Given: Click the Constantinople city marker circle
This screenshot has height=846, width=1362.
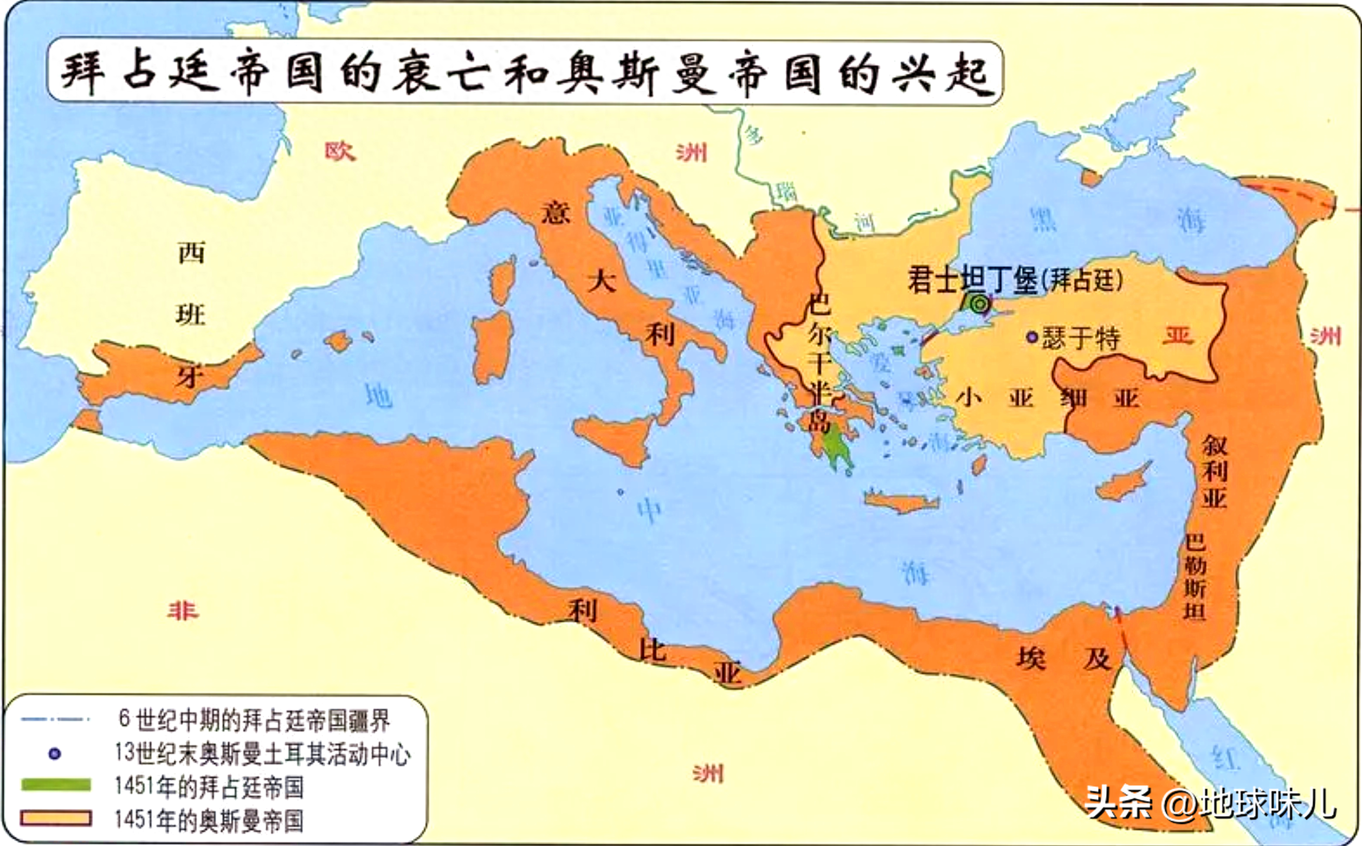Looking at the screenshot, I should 979,305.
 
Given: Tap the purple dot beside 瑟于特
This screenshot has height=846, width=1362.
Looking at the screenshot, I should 1032,338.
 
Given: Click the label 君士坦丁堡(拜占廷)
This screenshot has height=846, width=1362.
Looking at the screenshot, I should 1015,280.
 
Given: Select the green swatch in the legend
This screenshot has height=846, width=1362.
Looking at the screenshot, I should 56,785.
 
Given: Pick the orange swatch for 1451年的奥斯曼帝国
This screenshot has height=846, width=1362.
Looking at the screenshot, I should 56,818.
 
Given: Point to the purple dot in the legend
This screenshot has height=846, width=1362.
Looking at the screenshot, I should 54,754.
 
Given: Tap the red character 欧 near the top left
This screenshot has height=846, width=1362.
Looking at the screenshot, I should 340,151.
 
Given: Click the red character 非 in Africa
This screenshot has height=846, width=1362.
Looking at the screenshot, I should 183,611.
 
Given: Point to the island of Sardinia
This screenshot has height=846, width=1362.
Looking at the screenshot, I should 493,347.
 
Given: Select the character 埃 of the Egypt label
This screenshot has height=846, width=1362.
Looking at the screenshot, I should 1031,658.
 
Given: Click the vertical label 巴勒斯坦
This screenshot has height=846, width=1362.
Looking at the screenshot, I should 1194,576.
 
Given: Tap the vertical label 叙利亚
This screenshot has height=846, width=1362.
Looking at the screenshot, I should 1214,471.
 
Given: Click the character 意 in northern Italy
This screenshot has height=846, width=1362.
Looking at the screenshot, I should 555,213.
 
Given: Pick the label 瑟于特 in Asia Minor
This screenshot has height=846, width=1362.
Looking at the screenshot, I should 1081,339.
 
